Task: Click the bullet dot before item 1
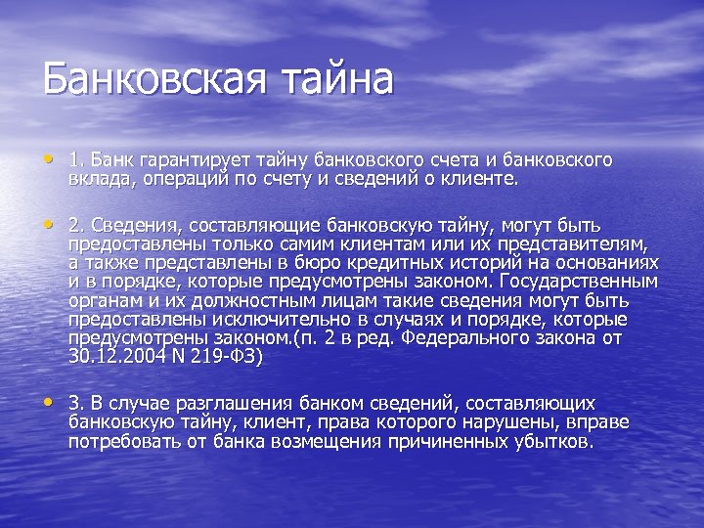(x=49, y=157)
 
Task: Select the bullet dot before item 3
(x=49, y=401)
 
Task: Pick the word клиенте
(x=485, y=179)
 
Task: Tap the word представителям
(x=571, y=244)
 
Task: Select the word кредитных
(x=382, y=263)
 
